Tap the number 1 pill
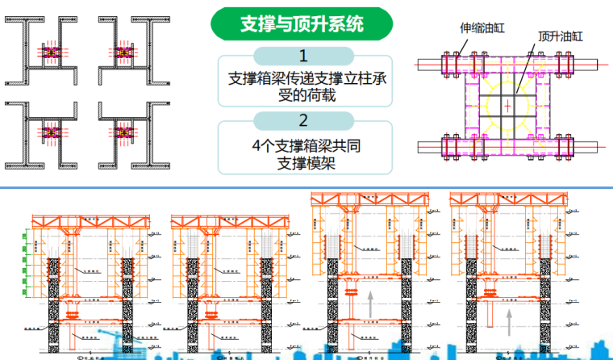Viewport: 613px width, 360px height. [303, 57]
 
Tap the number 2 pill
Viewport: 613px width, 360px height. [303, 122]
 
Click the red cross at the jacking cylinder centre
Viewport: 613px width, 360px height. [507, 106]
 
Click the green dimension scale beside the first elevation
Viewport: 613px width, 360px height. [27, 258]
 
